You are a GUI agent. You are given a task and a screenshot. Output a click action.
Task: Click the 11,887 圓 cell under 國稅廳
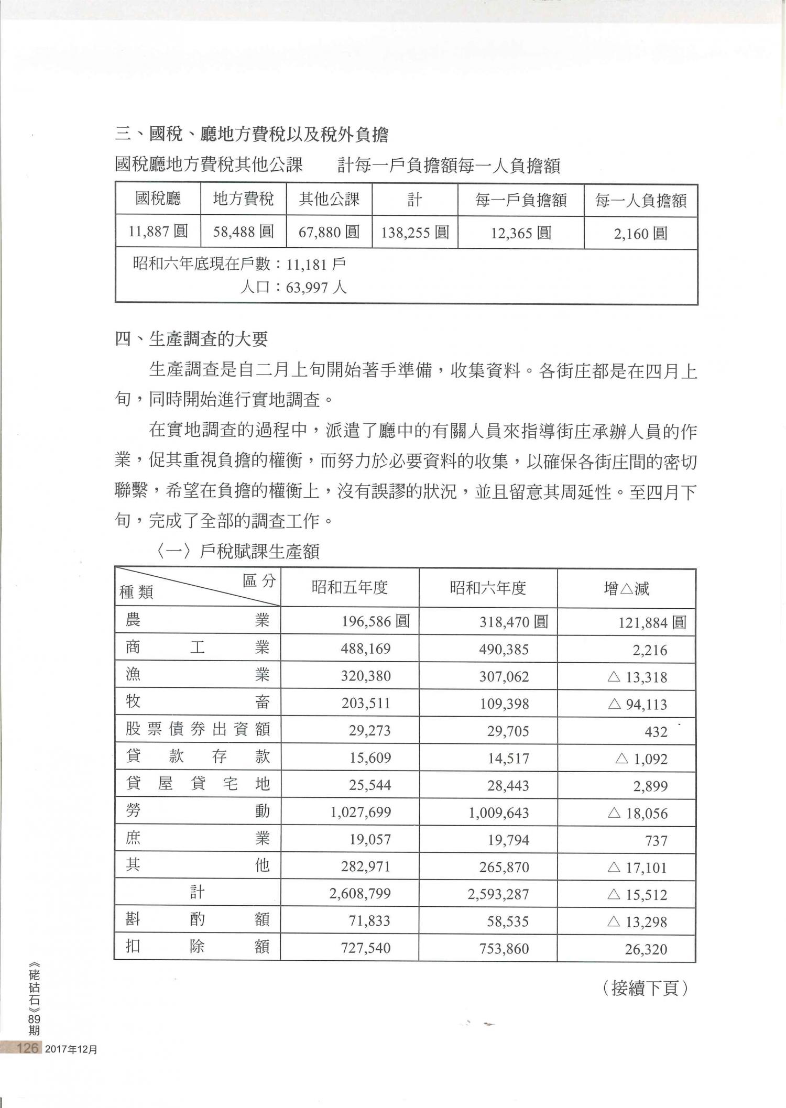pos(158,232)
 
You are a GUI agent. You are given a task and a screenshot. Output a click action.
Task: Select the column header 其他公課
pos(329,199)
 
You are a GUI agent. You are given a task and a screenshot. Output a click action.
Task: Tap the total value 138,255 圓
pos(414,232)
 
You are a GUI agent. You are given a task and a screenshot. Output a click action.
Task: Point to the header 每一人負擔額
pos(640,200)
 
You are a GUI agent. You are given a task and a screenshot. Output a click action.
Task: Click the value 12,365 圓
pos(521,233)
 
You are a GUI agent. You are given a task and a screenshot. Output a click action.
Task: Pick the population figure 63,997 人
pos(316,287)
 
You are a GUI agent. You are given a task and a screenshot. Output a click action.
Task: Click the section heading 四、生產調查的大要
pos(191,339)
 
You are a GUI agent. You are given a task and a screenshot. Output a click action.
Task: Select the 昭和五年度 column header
pos(350,588)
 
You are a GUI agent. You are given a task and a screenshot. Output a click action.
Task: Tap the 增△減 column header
pos(626,588)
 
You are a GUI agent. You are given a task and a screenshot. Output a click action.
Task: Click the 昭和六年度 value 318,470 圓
pos(514,622)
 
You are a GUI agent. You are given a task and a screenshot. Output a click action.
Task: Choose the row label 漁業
pos(198,675)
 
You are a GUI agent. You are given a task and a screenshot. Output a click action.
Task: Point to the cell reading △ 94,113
pos(637,704)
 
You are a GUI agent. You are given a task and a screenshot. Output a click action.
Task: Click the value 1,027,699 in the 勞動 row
pos(361,813)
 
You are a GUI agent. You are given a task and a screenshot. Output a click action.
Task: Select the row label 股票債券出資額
pos(198,729)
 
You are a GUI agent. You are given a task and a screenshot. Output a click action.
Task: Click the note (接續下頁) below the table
pos(645,989)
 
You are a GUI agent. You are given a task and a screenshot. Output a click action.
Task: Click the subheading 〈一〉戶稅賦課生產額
pos(237,551)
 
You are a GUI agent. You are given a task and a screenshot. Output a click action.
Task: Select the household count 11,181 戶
pos(316,264)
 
